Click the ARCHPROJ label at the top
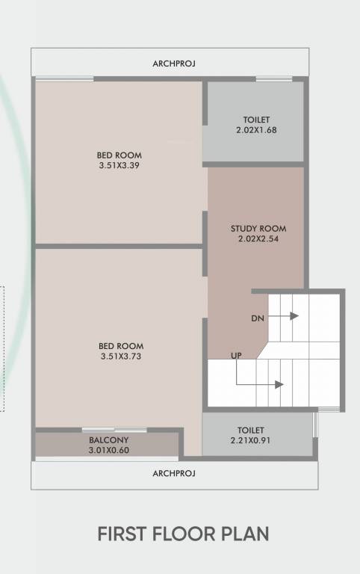tap(173, 64)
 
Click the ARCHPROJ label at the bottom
tap(173, 474)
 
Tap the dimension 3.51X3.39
tap(118, 165)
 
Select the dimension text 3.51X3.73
tap(121, 357)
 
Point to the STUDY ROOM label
tap(258, 229)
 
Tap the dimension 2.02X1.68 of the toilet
tap(256, 129)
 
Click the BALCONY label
tap(109, 440)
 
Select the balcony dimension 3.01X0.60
tap(109, 450)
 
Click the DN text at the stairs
tap(257, 318)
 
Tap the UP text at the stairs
tap(236, 356)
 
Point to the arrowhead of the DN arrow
tap(295, 316)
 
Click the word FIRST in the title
tap(122, 534)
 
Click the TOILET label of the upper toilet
tap(256, 120)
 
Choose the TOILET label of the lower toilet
tap(251, 430)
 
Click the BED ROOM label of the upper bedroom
tap(118, 155)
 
